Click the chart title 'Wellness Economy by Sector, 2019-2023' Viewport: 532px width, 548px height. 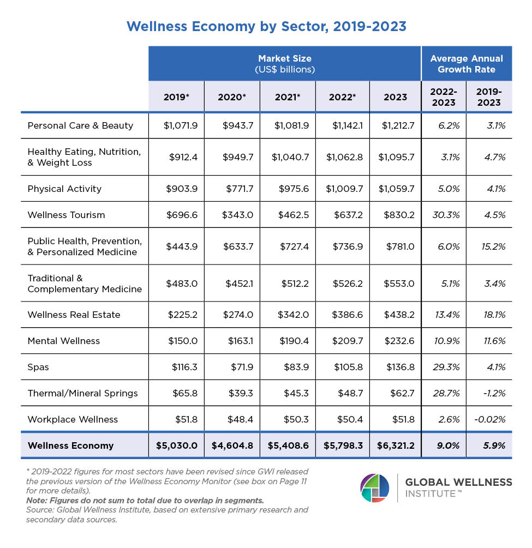click(x=266, y=26)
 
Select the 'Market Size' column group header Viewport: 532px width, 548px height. click(x=285, y=64)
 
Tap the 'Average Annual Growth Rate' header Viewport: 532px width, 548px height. click(x=467, y=64)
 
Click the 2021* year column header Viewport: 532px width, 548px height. click(x=288, y=97)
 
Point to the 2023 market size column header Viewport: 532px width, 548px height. click(x=395, y=97)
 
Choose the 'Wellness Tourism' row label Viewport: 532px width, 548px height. click(x=66, y=215)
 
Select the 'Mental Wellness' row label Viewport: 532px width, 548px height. click(x=64, y=341)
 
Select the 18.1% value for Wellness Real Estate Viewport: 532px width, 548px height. click(x=493, y=315)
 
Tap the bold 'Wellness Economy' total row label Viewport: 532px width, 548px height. click(x=70, y=445)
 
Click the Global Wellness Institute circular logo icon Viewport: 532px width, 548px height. click(x=375, y=488)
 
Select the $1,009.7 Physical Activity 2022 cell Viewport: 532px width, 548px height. click(x=344, y=189)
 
